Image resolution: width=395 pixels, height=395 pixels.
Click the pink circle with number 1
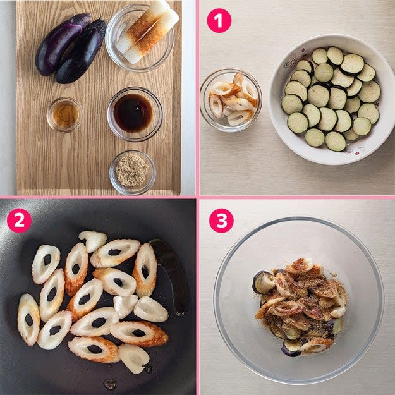[x=219, y=21]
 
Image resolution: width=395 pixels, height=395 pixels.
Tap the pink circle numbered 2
[x=19, y=221]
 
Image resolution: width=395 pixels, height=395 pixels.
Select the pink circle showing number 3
[x=221, y=221]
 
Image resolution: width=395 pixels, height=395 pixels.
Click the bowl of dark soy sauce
[x=135, y=114]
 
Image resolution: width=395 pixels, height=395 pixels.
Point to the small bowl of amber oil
[x=64, y=114]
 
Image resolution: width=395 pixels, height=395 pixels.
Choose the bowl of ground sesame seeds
[x=133, y=172]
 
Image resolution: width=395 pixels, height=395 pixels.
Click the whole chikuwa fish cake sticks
[x=147, y=32]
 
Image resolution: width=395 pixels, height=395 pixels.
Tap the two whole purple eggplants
[x=71, y=48]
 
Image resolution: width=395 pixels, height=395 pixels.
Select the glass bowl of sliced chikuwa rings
[x=231, y=100]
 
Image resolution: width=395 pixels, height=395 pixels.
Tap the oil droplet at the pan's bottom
[x=110, y=385]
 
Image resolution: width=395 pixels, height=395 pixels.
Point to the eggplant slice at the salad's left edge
[x=264, y=283]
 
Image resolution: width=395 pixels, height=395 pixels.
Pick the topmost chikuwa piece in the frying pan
[x=93, y=241]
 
